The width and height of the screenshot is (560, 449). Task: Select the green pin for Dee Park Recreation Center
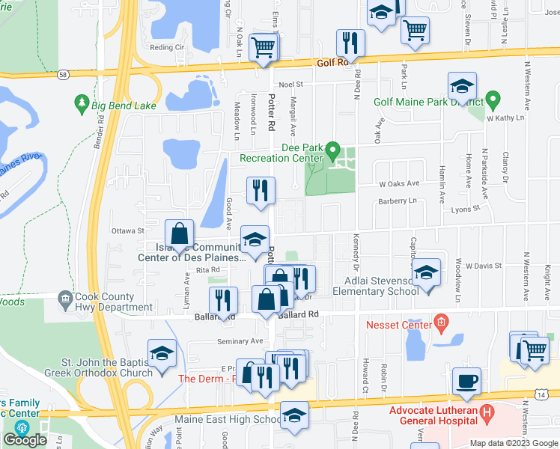pyautogui.click(x=335, y=148)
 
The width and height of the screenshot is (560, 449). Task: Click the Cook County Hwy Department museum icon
pyautogui.click(x=64, y=299)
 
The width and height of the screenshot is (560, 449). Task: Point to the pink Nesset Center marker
pyautogui.click(x=441, y=324)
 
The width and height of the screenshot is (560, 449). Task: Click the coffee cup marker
pyautogui.click(x=466, y=381)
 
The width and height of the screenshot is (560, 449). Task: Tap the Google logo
pyautogui.click(x=25, y=439)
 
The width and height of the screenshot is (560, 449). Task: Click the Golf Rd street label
pyautogui.click(x=334, y=63)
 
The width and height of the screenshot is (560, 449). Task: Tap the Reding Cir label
pyautogui.click(x=167, y=47)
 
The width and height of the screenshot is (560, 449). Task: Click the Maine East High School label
pyautogui.click(x=228, y=420)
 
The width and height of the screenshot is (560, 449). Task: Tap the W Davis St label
pyautogui.click(x=483, y=266)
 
